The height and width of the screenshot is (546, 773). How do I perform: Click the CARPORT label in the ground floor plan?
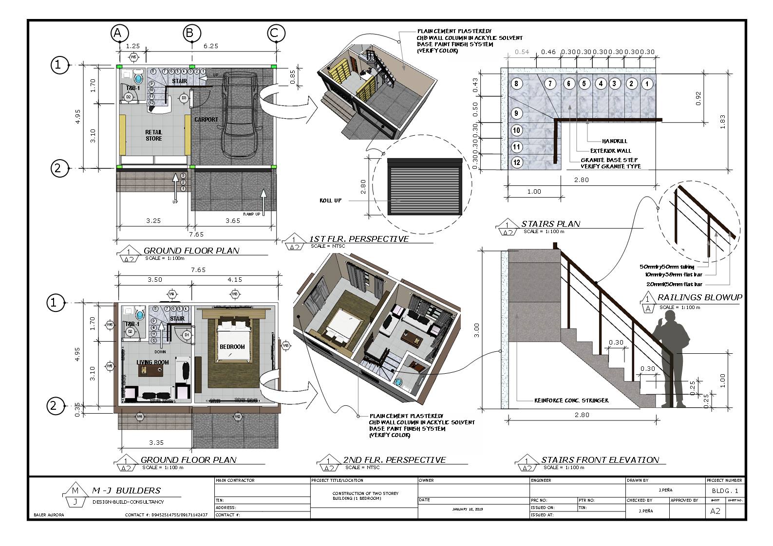206,120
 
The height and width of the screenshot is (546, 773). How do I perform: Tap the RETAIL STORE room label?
153,135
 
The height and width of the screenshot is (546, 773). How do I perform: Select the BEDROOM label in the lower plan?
232,347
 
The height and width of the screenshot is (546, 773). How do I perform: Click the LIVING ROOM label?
153,363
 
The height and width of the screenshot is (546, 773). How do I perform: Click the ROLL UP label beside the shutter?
330,200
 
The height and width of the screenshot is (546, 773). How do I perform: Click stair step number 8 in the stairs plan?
517,84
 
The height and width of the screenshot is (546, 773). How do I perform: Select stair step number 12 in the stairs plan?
517,163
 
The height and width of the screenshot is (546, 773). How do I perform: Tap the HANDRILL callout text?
615,141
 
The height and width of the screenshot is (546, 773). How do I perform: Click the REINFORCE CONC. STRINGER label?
571,400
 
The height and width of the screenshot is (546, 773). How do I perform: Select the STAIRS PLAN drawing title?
550,224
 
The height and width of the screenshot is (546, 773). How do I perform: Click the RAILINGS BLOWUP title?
699,297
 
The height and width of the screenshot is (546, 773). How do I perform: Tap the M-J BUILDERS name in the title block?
126,491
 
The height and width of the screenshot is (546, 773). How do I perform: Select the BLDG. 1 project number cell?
725,491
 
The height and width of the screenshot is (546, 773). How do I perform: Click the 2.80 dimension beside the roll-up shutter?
363,186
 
